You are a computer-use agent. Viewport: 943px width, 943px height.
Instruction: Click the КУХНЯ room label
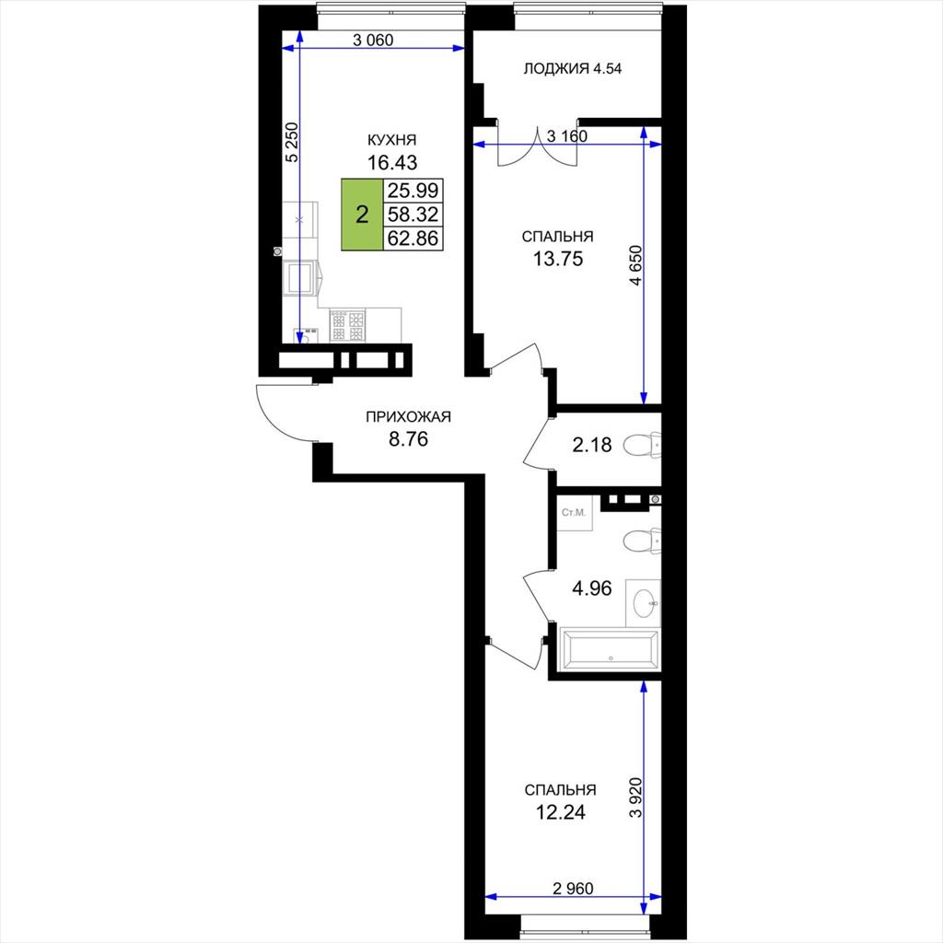point(392,140)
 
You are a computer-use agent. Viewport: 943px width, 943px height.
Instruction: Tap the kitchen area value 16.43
point(392,162)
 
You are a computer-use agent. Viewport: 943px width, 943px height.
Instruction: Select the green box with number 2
point(362,214)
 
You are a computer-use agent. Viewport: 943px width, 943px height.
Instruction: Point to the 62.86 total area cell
point(413,239)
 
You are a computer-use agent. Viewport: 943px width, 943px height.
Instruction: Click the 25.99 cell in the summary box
point(413,191)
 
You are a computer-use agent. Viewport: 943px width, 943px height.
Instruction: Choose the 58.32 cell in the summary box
point(413,214)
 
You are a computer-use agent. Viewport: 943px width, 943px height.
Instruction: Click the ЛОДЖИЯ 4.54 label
point(573,68)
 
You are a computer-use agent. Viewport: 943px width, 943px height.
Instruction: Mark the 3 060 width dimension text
point(373,40)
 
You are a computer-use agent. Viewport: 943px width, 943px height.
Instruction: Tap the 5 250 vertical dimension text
point(292,142)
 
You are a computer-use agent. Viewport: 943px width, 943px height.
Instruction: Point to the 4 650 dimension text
point(635,264)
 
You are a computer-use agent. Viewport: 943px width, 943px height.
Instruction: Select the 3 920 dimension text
point(635,797)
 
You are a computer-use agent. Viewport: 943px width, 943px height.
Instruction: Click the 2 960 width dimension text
point(573,889)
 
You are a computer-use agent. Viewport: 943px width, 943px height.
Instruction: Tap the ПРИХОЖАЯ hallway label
point(408,417)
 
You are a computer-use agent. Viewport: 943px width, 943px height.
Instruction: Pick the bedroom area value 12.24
point(561,812)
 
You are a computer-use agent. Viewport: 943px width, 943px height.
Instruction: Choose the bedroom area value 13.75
point(558,259)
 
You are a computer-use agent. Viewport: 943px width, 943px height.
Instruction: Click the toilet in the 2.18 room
point(642,445)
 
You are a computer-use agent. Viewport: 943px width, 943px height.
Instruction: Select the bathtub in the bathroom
point(610,649)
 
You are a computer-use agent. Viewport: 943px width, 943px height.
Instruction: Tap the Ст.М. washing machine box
point(575,513)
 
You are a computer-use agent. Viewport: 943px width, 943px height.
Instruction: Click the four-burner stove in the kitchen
point(347,325)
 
